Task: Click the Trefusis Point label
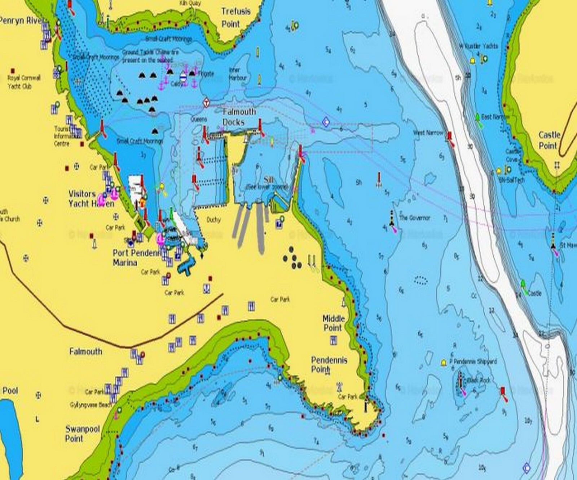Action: [235, 18]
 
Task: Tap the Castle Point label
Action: [549, 140]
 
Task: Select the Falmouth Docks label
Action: [239, 117]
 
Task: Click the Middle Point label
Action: [333, 323]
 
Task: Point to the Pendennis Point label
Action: [329, 364]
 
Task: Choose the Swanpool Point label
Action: [82, 434]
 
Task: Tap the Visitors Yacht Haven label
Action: [91, 199]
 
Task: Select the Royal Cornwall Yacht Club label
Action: [24, 82]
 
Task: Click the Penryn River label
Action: [22, 21]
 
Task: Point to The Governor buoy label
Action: [415, 217]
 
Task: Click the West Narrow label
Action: [428, 133]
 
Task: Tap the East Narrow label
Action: [495, 117]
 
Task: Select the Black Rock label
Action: [479, 380]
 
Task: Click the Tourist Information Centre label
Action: [64, 136]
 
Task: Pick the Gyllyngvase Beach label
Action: [91, 405]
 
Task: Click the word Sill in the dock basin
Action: [268, 180]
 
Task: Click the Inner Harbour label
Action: [238, 74]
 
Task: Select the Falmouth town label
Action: [85, 351]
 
